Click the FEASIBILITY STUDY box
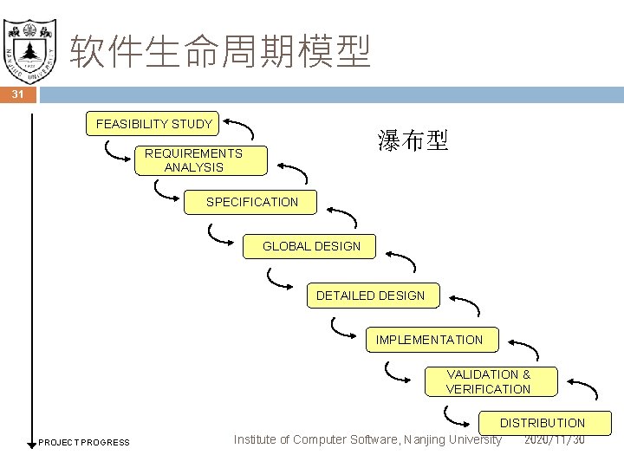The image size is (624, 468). click(153, 124)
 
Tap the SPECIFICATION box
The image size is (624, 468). click(251, 202)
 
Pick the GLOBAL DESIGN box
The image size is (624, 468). click(311, 246)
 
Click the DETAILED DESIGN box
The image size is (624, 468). click(370, 296)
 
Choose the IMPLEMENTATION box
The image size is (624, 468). click(429, 340)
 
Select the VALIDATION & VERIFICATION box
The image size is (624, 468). click(488, 382)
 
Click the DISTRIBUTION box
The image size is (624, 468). click(542, 423)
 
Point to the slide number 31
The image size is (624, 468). click(18, 95)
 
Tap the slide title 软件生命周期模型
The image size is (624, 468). click(220, 52)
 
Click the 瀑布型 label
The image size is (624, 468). click(413, 141)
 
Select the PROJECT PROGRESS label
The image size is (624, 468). click(84, 443)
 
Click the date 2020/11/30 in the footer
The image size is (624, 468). click(555, 440)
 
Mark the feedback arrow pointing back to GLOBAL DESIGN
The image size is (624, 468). click(400, 259)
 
